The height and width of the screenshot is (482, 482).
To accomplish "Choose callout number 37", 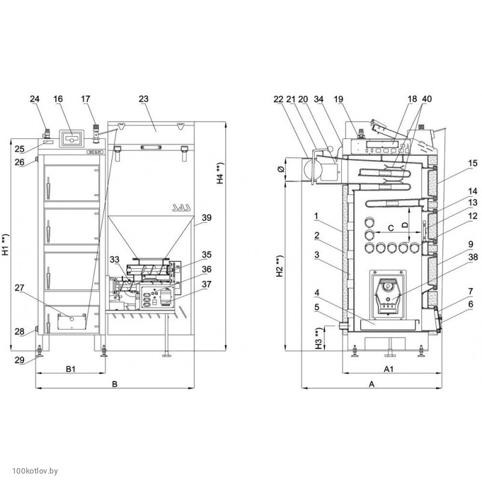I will [208, 284].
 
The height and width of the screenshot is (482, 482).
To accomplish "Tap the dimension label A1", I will [389, 368].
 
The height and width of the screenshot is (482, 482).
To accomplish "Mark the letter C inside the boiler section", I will [390, 228].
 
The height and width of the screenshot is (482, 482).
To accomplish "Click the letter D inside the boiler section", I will [421, 224].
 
